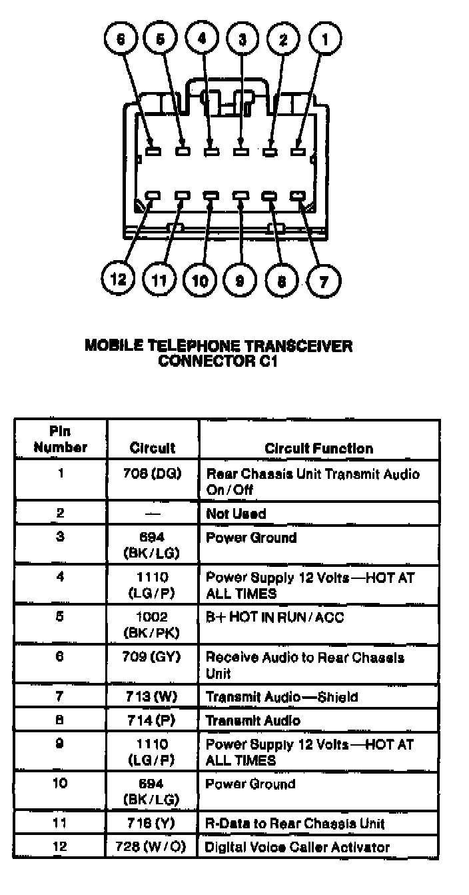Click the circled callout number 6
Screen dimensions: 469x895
(121, 39)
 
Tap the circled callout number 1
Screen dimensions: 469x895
(324, 39)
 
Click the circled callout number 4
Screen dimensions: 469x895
(202, 39)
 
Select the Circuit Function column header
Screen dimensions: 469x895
(319, 448)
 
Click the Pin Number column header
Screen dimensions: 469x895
(60, 440)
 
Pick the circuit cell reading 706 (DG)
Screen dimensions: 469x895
(154, 474)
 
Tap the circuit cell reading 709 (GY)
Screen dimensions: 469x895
(154, 658)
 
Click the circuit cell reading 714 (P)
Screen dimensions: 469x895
(154, 720)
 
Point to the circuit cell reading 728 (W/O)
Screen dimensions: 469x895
(154, 848)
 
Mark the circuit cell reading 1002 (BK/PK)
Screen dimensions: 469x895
(153, 624)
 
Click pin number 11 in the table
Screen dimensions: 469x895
(60, 824)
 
